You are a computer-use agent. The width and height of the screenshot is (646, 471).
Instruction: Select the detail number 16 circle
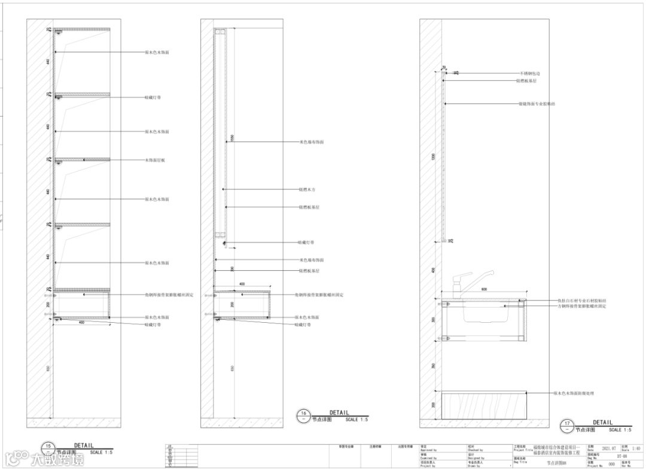[304, 414]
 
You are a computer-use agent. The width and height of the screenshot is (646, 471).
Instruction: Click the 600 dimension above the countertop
[483, 290]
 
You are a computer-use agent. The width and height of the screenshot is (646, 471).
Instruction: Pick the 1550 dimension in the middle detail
[232, 138]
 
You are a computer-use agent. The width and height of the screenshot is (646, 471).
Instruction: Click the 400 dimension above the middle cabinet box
[242, 284]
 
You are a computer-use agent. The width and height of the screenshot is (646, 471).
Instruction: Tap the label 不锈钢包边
[529, 73]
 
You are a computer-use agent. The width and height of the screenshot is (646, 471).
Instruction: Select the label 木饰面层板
[155, 160]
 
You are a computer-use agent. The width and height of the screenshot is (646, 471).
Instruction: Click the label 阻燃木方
[307, 189]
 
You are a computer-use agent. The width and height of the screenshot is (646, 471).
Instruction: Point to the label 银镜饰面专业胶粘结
[537, 103]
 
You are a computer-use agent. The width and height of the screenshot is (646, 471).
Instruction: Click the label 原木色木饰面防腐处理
[573, 393]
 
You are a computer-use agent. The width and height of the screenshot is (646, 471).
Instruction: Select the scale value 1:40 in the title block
[636, 448]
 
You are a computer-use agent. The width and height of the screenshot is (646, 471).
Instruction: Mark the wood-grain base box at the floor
[483, 406]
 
